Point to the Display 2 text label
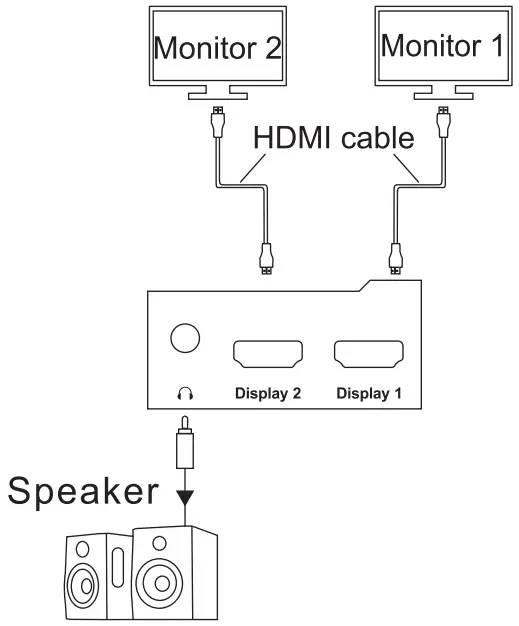coord(266,393)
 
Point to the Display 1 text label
coord(368,393)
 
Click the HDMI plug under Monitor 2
coord(217,122)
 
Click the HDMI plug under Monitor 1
coord(442,122)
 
